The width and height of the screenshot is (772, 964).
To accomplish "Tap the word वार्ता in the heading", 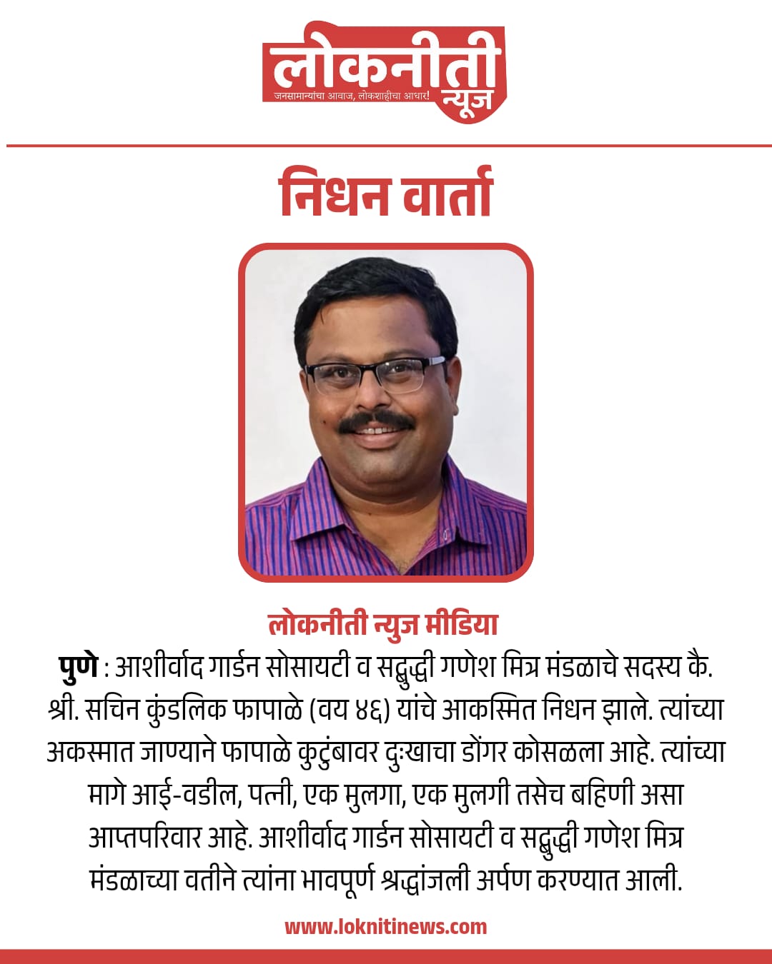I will [447, 193].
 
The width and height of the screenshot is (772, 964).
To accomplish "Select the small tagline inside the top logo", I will [352, 96].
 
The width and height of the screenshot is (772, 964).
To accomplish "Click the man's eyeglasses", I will [375, 373].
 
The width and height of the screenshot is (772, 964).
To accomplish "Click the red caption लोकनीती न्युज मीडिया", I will [383, 623].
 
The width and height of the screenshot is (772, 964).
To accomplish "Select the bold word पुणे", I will [77, 666].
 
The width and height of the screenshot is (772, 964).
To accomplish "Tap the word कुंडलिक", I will [187, 709].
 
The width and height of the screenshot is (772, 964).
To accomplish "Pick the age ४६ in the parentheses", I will [371, 709].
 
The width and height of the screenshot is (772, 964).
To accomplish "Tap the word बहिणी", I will [601, 794].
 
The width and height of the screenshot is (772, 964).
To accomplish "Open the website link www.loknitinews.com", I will [386, 927].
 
